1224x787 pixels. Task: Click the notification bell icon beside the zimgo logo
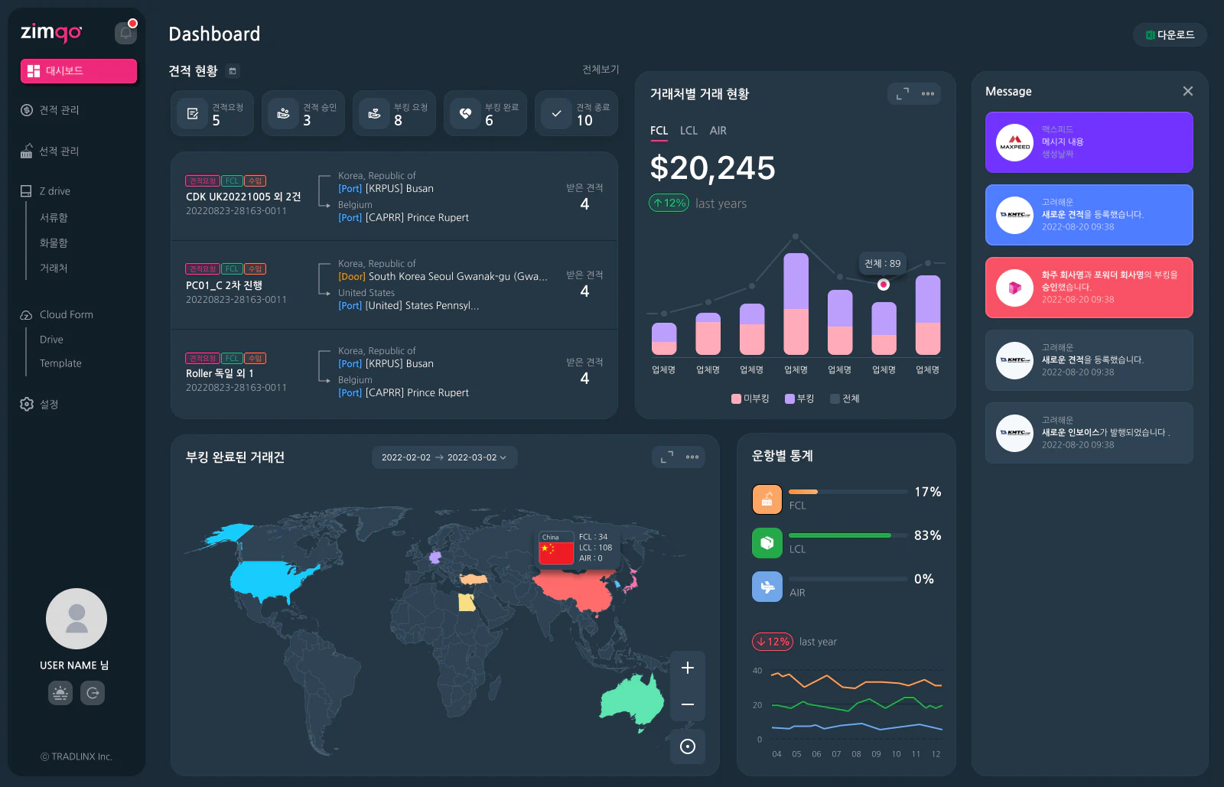point(125,33)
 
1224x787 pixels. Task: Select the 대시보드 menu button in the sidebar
point(79,71)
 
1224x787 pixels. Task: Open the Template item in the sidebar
point(60,363)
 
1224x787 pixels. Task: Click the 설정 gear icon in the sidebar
point(27,404)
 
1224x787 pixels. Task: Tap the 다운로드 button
point(1170,34)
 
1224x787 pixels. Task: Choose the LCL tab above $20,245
point(688,131)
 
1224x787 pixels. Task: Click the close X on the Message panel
point(1187,91)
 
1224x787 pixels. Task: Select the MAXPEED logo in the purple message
point(1015,142)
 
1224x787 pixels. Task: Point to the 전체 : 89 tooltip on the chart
point(882,263)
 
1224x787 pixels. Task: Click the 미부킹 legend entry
point(750,398)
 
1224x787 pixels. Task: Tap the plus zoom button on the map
point(688,668)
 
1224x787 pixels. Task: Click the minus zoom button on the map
point(688,704)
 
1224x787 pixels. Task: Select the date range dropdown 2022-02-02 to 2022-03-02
point(444,457)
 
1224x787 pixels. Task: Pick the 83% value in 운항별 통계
point(927,535)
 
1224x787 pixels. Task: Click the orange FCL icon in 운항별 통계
point(767,499)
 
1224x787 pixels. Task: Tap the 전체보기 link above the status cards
point(601,70)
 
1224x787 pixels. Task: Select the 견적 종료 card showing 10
point(576,114)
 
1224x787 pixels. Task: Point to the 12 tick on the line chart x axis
point(936,754)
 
